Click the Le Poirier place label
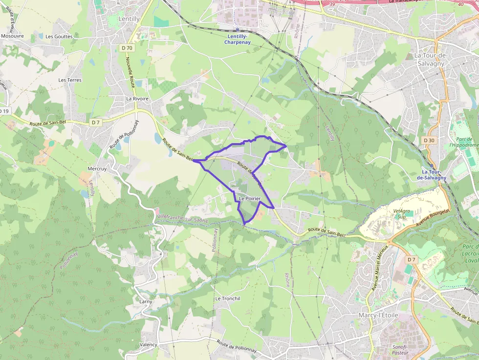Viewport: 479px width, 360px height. point(249,198)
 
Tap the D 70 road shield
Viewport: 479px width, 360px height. point(127,48)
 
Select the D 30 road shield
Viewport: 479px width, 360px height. point(429,141)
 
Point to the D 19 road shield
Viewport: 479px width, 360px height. point(4,111)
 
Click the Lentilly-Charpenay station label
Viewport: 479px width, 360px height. point(237,40)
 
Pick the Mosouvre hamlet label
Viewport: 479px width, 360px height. point(12,36)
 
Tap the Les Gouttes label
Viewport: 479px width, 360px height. point(59,36)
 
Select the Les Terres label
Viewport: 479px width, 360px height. point(70,80)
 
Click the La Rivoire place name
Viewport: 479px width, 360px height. point(137,99)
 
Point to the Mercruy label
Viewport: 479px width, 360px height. point(97,169)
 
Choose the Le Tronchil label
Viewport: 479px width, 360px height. point(227,298)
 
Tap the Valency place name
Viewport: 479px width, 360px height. point(148,344)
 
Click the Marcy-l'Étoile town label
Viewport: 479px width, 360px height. point(378,315)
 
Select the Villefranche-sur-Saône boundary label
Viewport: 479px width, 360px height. point(182,218)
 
